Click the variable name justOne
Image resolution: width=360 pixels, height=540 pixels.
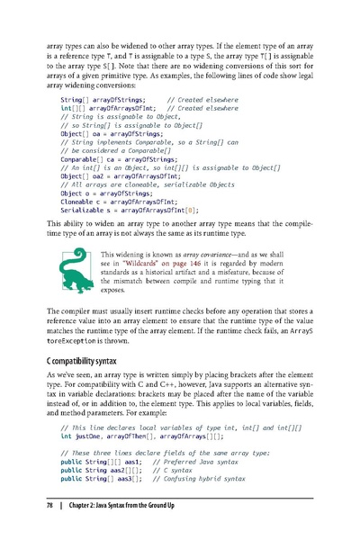87,435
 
